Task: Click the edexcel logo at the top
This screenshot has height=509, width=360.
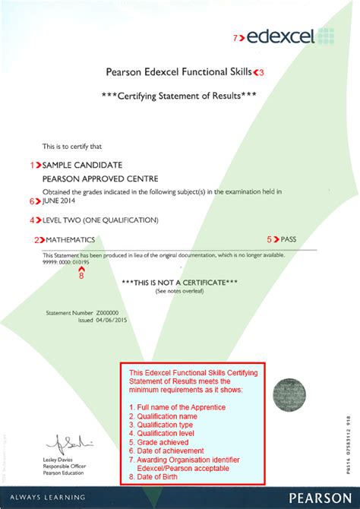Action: [x=287, y=36]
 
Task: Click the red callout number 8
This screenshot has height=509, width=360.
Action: [x=82, y=276]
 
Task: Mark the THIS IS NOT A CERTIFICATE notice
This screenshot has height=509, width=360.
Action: [x=180, y=283]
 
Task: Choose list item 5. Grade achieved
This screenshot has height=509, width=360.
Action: [x=160, y=441]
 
